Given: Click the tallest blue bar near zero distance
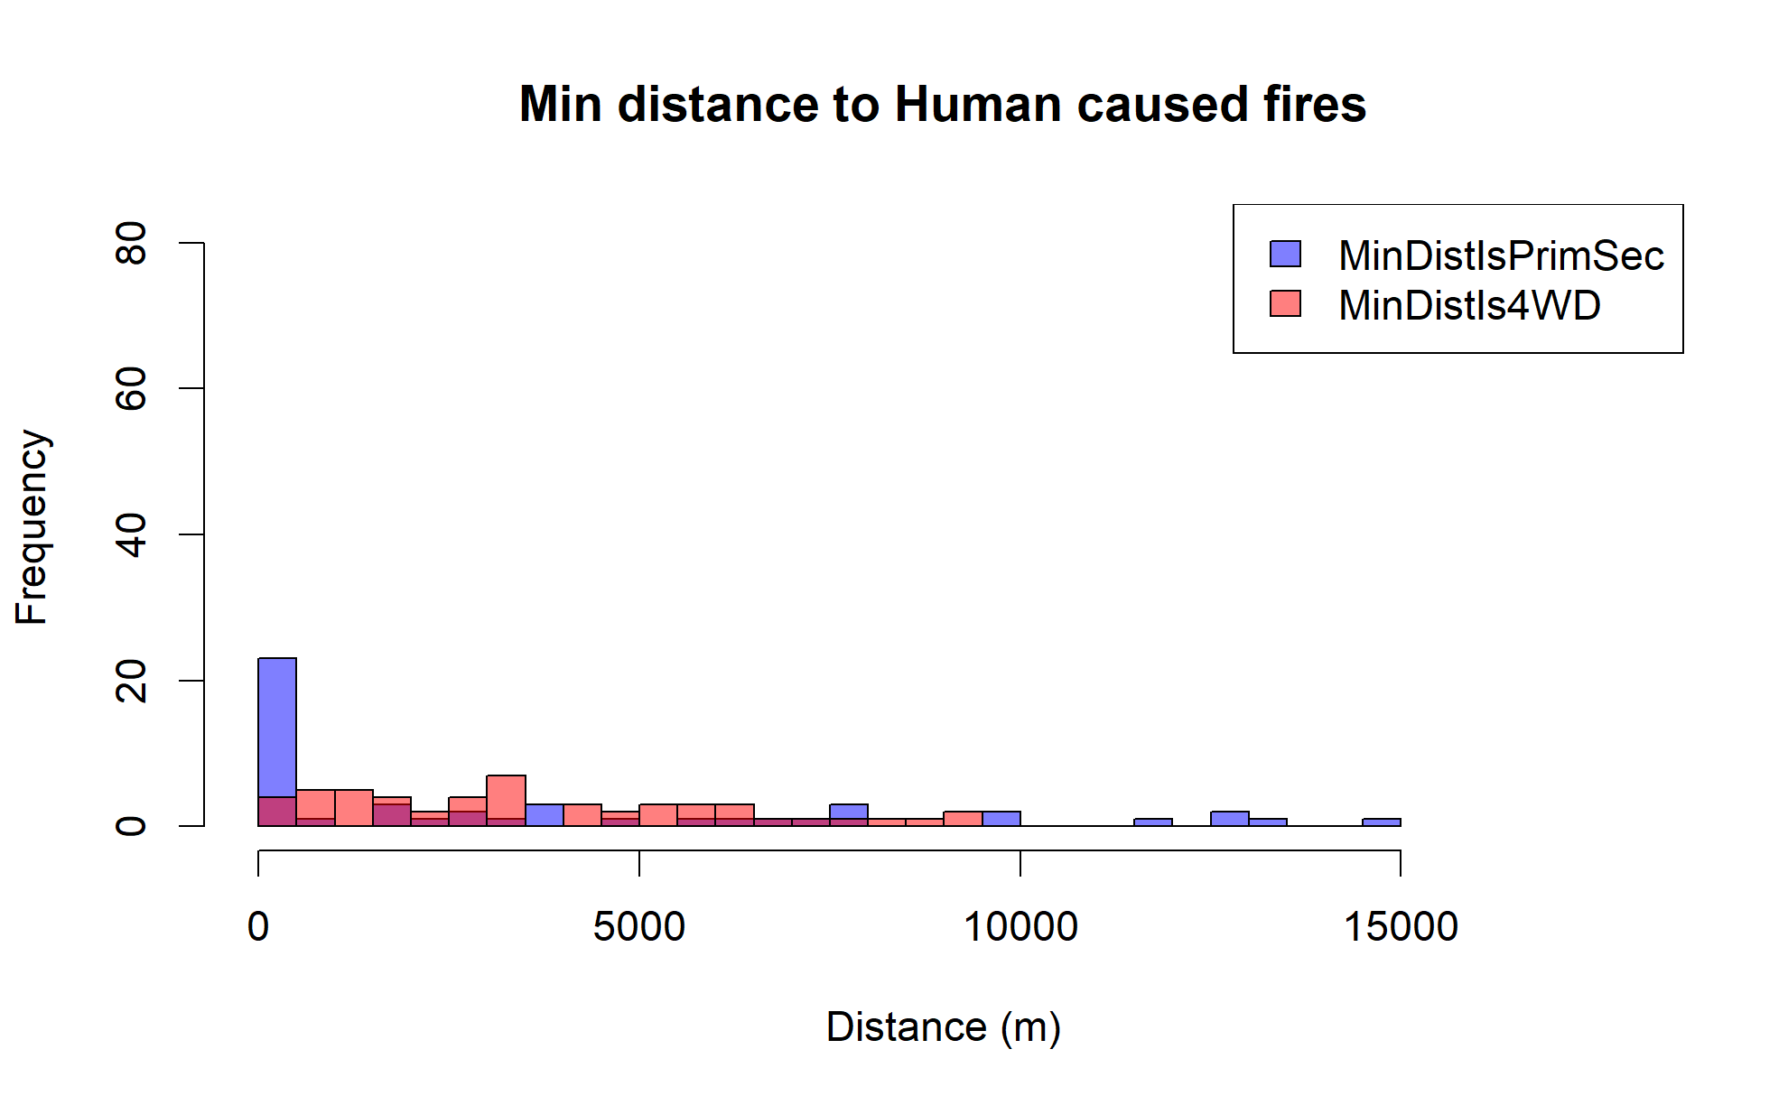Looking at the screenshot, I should [277, 727].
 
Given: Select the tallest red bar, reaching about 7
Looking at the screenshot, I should [506, 800].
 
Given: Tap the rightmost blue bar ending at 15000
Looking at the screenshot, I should [1381, 822].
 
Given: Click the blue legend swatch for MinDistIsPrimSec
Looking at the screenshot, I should [1285, 254].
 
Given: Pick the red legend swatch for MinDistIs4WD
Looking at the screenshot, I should [1285, 303].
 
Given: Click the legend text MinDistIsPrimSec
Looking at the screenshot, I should [1501, 255].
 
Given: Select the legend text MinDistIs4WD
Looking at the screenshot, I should [1469, 305].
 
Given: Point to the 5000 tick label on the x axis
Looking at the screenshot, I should [638, 927].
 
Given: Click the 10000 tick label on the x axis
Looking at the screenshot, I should [1020, 927].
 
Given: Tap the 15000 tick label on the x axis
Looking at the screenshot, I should [1401, 927].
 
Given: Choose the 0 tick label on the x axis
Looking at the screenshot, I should [258, 927].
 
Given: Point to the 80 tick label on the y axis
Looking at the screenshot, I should [132, 243].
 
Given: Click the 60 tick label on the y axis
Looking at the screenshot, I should [132, 388].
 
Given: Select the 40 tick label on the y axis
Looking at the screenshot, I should [132, 534].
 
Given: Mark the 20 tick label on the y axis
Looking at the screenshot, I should [132, 681].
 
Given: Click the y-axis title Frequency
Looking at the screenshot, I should [32, 527].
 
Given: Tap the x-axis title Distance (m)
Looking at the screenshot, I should [943, 1027].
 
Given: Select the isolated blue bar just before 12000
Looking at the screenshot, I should [1152, 822].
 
